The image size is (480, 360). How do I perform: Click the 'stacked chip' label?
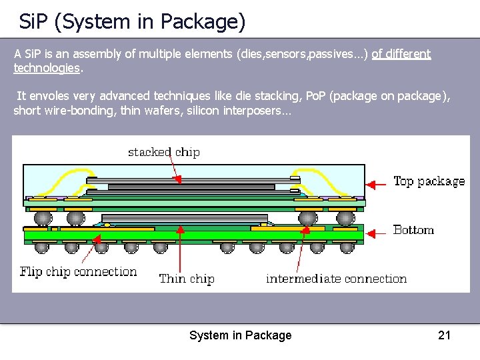click(x=163, y=152)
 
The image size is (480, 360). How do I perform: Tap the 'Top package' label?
click(x=429, y=181)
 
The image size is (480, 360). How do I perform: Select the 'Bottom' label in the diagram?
click(x=413, y=230)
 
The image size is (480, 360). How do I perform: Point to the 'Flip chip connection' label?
click(x=78, y=272)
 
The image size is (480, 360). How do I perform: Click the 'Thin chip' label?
click(x=187, y=279)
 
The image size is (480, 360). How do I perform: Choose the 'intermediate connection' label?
click(x=336, y=279)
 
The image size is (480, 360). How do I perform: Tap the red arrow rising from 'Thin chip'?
click(x=179, y=247)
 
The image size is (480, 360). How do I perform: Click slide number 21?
click(x=444, y=335)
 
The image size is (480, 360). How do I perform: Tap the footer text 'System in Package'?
click(x=240, y=335)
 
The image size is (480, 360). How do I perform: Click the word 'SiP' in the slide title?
click(x=33, y=23)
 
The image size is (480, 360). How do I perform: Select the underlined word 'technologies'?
click(x=46, y=68)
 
